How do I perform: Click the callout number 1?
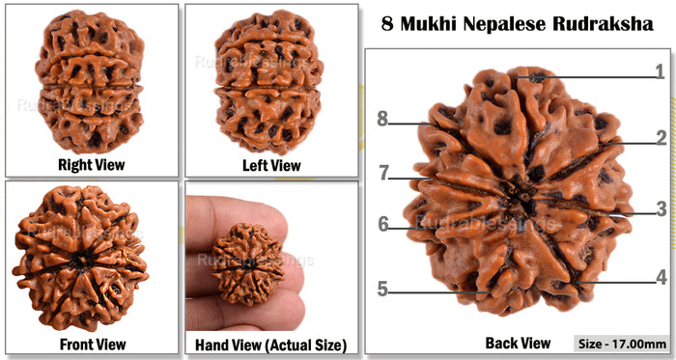click(661, 71)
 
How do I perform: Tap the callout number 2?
click(661, 138)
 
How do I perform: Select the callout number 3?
click(661, 208)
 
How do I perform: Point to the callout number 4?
click(661, 277)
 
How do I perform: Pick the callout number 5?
click(382, 290)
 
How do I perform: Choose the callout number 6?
click(382, 225)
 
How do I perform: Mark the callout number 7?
click(382, 174)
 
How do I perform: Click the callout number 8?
click(382, 120)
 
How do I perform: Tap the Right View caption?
click(89, 165)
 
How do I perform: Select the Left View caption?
click(270, 165)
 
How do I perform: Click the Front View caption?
click(89, 344)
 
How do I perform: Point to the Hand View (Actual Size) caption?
click(270, 344)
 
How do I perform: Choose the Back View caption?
click(519, 342)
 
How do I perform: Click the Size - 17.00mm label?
click(621, 344)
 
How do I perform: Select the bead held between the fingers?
click(248, 263)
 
